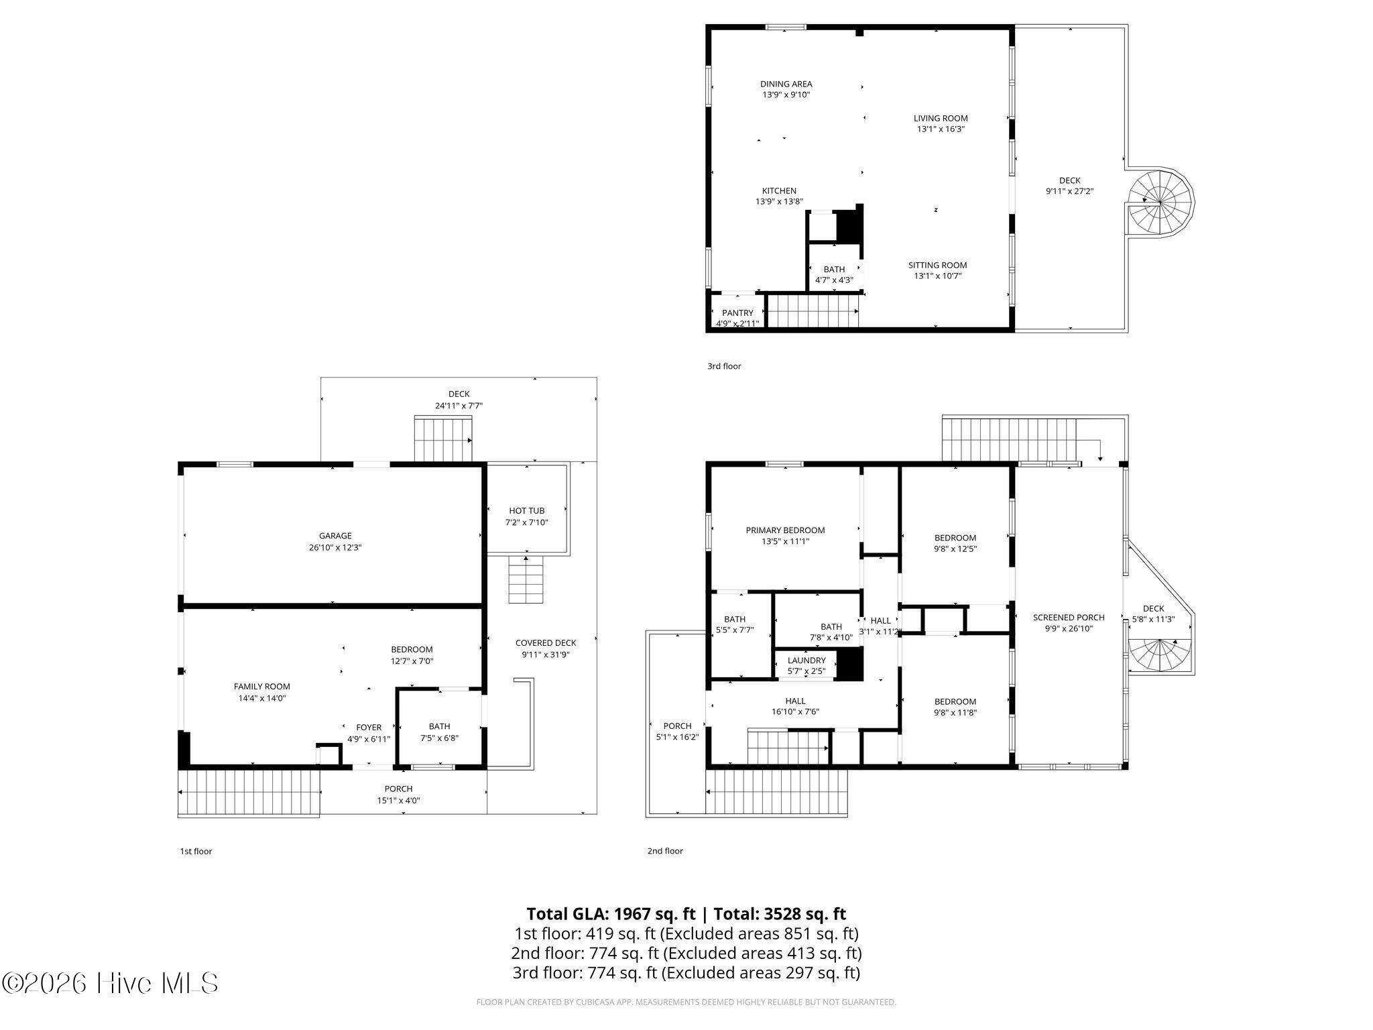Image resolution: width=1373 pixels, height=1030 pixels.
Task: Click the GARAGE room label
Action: (335, 536)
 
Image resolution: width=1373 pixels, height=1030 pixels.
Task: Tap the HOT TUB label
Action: (526, 511)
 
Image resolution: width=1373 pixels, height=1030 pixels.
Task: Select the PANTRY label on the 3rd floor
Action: (737, 313)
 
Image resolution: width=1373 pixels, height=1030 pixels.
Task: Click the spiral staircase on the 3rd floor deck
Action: (1160, 201)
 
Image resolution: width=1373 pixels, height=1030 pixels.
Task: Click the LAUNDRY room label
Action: (807, 661)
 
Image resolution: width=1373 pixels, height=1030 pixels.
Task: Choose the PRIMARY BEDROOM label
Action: (785, 530)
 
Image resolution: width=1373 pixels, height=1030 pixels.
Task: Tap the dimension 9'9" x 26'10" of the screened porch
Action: (1069, 629)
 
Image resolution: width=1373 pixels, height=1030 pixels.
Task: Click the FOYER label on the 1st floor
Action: (369, 728)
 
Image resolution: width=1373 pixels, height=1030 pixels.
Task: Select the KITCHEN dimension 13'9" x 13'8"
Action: (779, 202)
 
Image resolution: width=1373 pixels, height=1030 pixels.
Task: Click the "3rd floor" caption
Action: (724, 366)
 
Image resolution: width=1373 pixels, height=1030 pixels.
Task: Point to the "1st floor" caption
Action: (196, 852)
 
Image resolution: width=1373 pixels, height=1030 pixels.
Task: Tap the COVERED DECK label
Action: (546, 643)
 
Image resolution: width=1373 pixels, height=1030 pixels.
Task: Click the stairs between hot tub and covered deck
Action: (525, 580)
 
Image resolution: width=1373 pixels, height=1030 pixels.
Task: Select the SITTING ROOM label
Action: (937, 265)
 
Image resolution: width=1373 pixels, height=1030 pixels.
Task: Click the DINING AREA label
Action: (786, 84)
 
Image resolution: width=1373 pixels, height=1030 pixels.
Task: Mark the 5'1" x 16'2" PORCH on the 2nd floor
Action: (677, 726)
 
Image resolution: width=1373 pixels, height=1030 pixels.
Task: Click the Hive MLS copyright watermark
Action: (110, 984)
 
